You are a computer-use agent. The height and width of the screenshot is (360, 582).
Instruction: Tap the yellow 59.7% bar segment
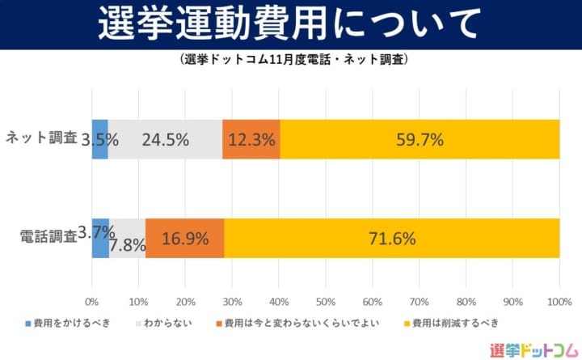point(420,139)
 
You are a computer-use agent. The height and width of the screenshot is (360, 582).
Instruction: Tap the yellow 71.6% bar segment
point(392,238)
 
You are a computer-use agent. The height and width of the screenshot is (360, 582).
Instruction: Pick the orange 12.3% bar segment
point(251,139)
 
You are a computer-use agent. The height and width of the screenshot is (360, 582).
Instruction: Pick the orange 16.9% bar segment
point(185,238)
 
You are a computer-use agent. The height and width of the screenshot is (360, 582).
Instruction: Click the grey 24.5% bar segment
point(165,139)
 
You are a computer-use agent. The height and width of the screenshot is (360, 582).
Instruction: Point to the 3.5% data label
point(101,139)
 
